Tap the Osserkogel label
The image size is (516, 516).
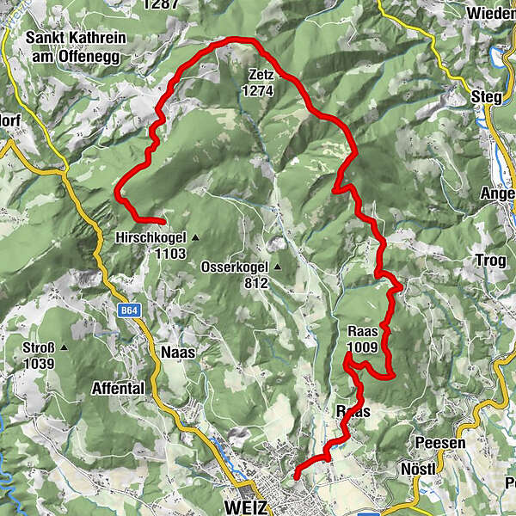(236, 267)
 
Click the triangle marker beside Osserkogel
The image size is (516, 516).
(278, 267)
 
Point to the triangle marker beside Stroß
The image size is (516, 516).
(64, 347)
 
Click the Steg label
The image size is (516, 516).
(487, 97)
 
